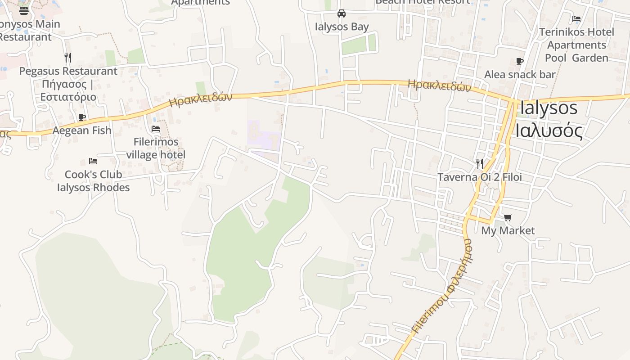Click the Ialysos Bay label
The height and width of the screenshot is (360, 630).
coord(342,27)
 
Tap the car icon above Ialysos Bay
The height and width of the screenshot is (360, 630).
coord(342,13)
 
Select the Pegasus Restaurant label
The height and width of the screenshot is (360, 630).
coord(68,71)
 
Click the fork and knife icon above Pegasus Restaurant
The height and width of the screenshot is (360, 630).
coord(68,57)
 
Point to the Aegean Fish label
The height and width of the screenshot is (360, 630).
coord(82,130)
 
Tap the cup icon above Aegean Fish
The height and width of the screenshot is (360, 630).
coord(82,117)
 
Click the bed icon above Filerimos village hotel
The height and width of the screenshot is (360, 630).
coord(156,129)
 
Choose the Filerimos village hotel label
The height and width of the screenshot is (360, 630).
coord(156,148)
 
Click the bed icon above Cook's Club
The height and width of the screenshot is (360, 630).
coord(93,161)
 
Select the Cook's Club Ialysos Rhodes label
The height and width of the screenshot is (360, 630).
coord(93,181)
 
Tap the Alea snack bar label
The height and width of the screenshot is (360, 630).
coord(520,75)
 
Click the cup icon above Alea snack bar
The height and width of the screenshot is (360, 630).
coord(520,62)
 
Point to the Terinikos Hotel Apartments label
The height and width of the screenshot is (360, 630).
coord(576,45)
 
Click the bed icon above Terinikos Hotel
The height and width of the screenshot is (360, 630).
coord(576,19)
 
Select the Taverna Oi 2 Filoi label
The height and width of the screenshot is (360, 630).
coord(480,177)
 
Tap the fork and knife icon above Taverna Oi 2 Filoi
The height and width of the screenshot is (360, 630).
coord(480,164)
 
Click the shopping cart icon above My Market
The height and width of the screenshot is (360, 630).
coord(508,218)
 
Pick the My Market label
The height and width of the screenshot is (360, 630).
coord(508,231)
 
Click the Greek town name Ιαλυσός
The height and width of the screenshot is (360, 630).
coord(549,131)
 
